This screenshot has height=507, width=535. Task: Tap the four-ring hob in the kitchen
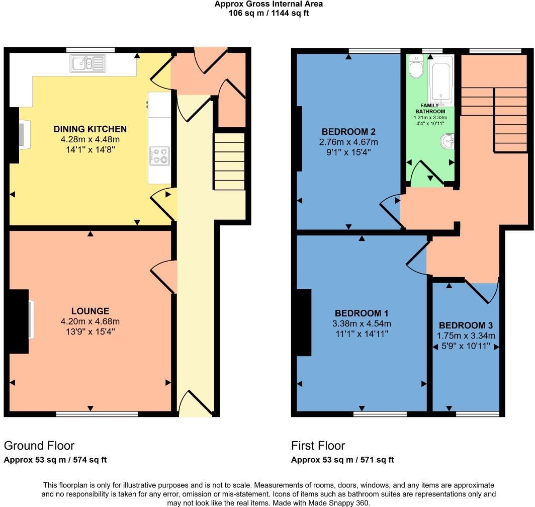pos(159,155)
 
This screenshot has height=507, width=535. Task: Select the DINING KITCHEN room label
pos(90,129)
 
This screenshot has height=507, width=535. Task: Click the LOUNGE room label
pos(90,311)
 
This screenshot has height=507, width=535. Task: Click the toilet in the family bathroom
pos(416,68)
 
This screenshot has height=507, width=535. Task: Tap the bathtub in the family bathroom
pos(440,78)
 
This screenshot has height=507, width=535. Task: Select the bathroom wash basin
pos(447,141)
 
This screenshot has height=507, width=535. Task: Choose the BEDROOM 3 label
pos(466,325)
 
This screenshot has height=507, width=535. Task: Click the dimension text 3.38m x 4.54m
pos(362,323)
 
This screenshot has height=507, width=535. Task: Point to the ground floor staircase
pos(229,161)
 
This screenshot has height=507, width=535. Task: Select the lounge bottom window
pos(97,414)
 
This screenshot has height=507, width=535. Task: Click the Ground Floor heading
pos(39,445)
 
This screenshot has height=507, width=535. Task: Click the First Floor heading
pos(318,445)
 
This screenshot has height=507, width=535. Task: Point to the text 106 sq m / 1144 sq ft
pos(269,13)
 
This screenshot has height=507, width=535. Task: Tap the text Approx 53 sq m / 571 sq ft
pos(342,459)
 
